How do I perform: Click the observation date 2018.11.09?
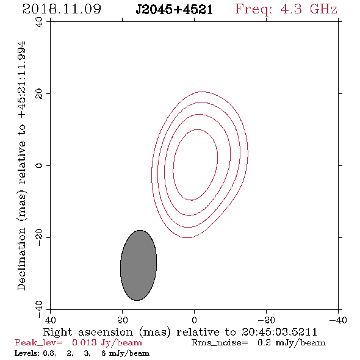(x=62, y=9)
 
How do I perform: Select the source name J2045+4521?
(x=175, y=10)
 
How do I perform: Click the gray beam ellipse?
(x=139, y=265)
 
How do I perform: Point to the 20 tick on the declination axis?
(x=39, y=94)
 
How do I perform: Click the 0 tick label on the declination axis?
(x=39, y=165)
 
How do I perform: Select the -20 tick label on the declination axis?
(x=39, y=237)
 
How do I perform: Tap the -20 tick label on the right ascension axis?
(x=266, y=320)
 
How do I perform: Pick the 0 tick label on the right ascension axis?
(x=194, y=320)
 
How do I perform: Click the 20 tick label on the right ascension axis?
(x=122, y=320)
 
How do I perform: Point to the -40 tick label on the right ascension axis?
(x=338, y=320)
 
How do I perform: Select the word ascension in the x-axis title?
(x=106, y=332)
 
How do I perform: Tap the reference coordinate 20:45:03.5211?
(x=279, y=332)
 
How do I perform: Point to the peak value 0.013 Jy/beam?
(x=107, y=342)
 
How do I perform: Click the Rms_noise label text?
(x=220, y=343)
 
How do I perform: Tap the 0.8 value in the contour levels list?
(x=49, y=353)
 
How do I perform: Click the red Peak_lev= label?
(x=38, y=343)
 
